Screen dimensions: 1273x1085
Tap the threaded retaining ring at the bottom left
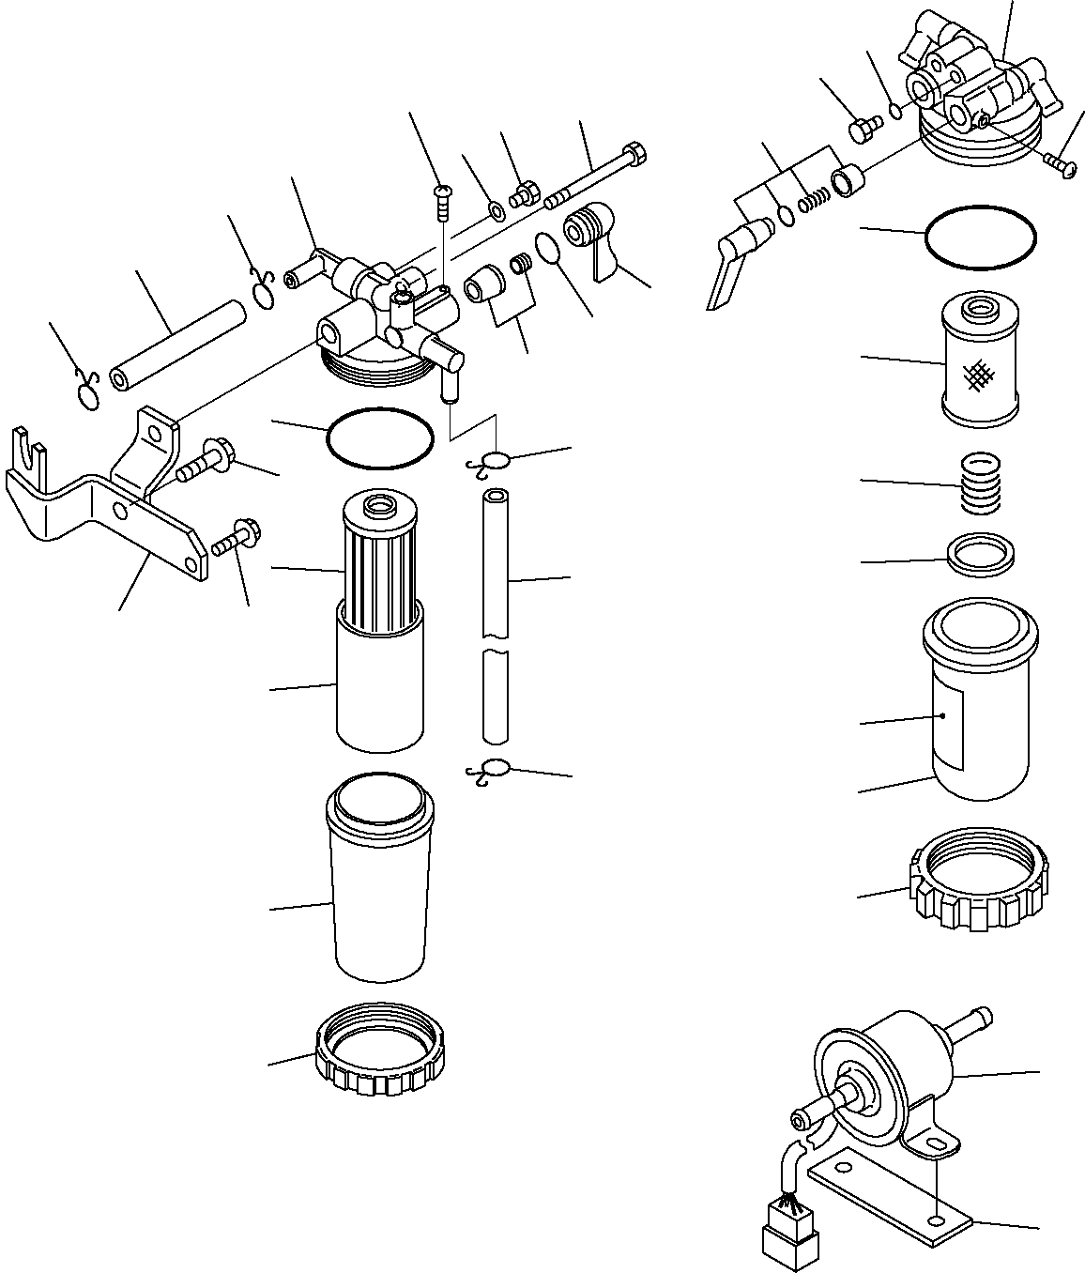point(380,1049)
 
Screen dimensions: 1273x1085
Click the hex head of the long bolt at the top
point(635,152)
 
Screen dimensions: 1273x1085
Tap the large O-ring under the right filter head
point(981,237)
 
